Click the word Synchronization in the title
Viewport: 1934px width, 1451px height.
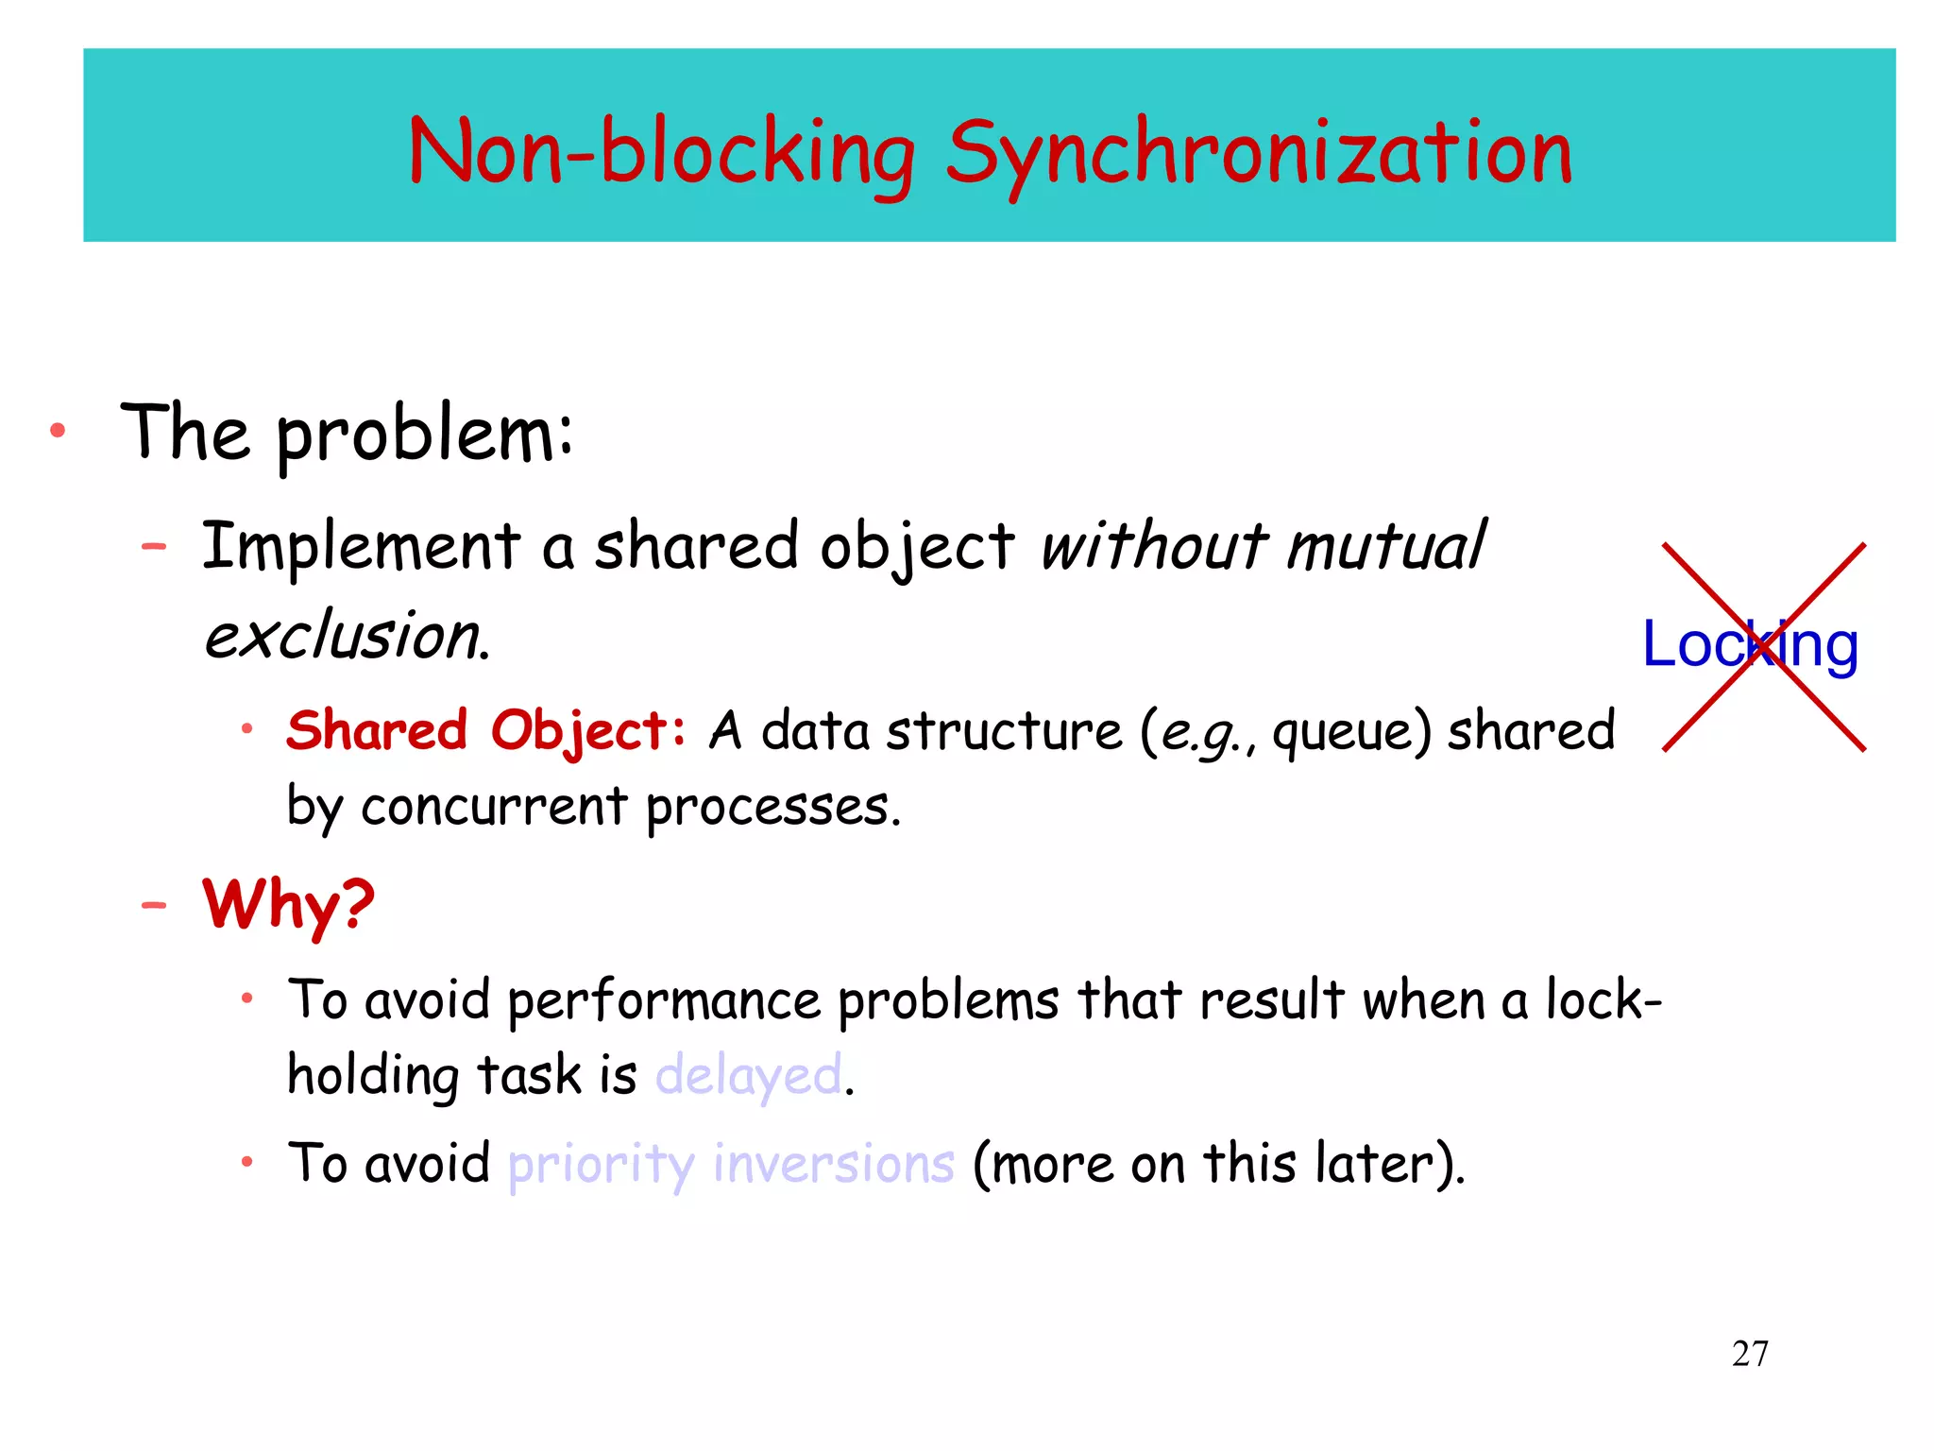[x=1258, y=154]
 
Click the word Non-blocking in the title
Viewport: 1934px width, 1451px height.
[x=661, y=152]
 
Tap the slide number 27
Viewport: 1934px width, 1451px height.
[x=1750, y=1354]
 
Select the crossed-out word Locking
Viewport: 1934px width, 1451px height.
[x=1750, y=645]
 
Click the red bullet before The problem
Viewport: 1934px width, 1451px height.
[x=58, y=432]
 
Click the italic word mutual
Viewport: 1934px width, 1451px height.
[x=1385, y=547]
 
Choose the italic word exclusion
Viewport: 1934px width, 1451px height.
[x=346, y=635]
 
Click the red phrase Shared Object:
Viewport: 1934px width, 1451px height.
[x=485, y=730]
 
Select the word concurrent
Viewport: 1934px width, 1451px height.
[x=493, y=807]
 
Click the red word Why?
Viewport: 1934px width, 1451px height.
[x=288, y=904]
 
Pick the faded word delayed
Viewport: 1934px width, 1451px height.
[x=748, y=1076]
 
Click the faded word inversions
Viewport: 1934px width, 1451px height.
[x=833, y=1163]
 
